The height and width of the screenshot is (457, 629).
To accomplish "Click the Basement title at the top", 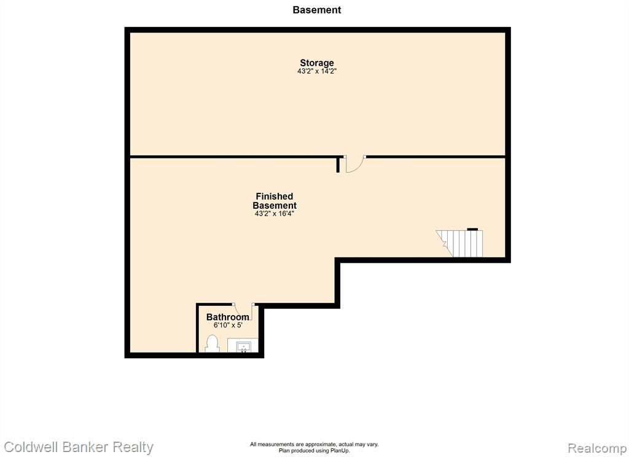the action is (x=316, y=10).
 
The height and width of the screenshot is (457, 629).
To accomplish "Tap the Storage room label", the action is (x=317, y=63).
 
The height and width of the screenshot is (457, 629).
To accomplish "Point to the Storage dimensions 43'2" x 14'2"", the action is (x=317, y=71).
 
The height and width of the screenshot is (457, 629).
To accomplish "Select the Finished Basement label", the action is (x=275, y=201).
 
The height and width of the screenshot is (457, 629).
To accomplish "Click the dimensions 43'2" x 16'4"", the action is (x=275, y=214).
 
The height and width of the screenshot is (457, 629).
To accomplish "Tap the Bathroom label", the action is (x=227, y=317).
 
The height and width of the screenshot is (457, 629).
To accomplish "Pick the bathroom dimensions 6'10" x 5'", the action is (x=228, y=325).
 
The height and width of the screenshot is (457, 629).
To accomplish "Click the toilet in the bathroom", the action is (x=212, y=344).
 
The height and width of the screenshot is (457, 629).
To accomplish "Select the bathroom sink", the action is (x=243, y=345).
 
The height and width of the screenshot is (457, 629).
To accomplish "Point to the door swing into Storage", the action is (x=355, y=165).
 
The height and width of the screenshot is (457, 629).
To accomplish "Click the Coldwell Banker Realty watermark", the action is (x=79, y=447).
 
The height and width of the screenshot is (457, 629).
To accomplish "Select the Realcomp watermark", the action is (x=597, y=448).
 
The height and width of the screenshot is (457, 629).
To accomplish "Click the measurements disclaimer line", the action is (x=314, y=444).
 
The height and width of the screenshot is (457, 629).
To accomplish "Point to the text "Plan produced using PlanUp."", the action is (x=314, y=451).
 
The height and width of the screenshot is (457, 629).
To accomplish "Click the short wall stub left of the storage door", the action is (x=338, y=165).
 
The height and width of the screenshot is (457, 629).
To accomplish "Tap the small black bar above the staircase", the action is (x=472, y=229).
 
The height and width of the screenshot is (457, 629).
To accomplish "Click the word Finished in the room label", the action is (x=275, y=196).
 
